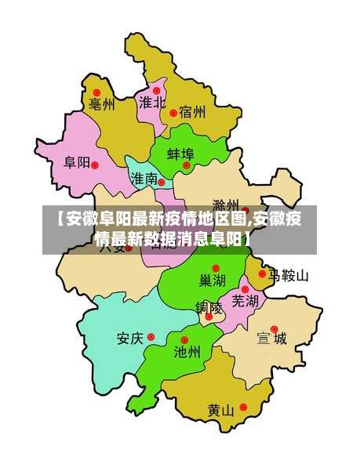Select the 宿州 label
(192, 112)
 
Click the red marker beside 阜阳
(95, 164)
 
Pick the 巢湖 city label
(212, 281)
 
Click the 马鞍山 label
(289, 276)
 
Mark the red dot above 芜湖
(245, 289)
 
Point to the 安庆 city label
(130, 339)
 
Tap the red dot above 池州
(184, 339)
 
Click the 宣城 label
(271, 339)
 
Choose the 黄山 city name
(221, 410)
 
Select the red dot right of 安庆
(151, 338)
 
